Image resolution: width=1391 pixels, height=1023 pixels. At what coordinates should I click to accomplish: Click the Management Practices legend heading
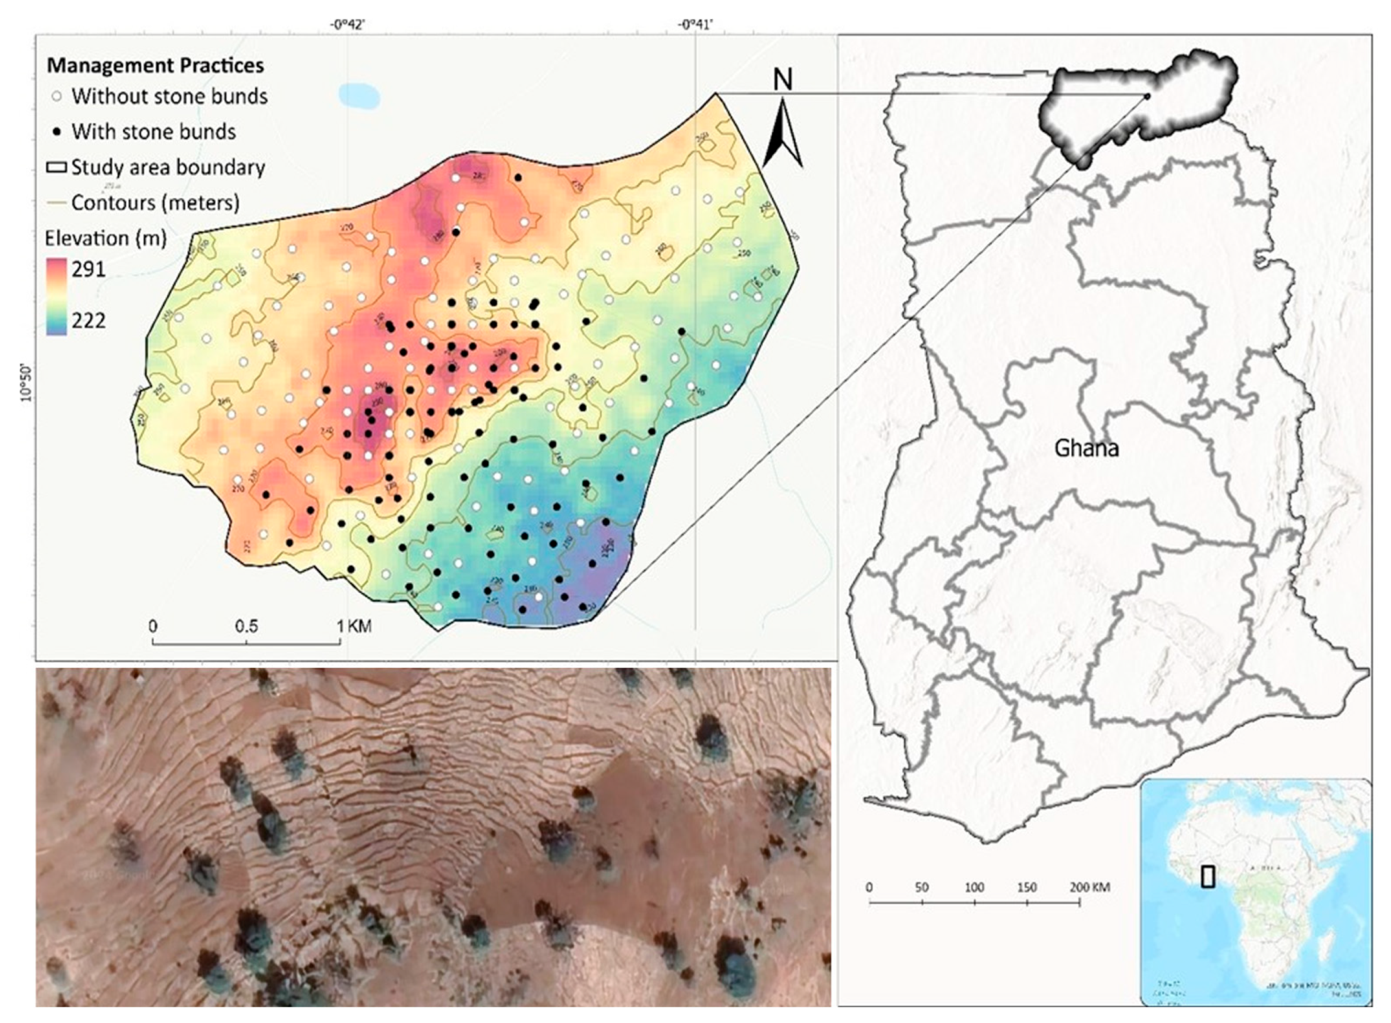(x=155, y=65)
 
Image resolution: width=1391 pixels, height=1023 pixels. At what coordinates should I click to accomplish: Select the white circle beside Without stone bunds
(x=57, y=97)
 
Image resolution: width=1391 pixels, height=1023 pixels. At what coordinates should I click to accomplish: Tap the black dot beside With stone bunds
(x=57, y=132)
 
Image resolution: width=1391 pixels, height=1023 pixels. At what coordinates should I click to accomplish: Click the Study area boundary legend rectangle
(x=57, y=168)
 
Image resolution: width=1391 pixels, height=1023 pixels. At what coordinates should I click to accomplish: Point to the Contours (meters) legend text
(x=155, y=202)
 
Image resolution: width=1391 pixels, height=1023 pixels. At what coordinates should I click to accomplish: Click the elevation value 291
(x=88, y=269)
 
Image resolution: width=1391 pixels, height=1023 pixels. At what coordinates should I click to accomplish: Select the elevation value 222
(x=88, y=321)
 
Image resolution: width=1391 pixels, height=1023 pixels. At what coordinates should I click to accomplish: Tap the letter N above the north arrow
(x=783, y=80)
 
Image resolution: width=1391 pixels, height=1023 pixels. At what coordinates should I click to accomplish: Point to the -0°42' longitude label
(x=348, y=25)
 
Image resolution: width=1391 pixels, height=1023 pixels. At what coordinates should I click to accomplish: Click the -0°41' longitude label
(x=695, y=25)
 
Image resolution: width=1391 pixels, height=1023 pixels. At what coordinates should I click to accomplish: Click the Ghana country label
(x=1086, y=448)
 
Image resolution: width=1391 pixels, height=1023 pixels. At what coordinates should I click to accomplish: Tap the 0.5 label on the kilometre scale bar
(x=246, y=626)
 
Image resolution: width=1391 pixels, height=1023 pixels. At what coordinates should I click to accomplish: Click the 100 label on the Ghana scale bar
(x=974, y=887)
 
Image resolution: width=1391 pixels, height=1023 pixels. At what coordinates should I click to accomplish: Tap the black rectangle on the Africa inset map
(x=1207, y=876)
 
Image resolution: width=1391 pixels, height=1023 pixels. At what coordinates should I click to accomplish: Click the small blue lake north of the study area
(x=359, y=95)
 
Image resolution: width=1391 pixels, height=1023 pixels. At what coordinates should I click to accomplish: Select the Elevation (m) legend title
(x=106, y=238)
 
